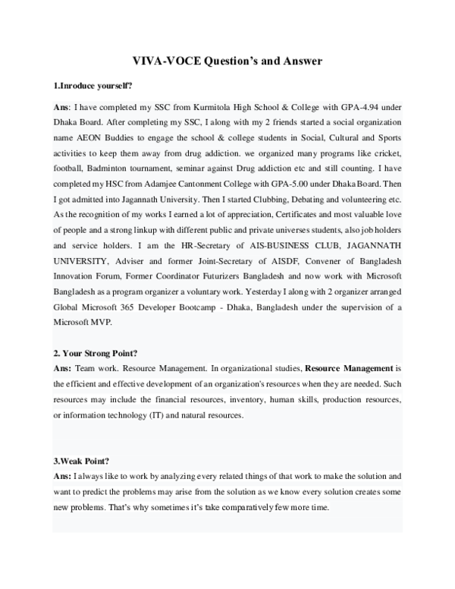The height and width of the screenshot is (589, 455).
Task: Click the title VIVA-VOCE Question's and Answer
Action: [227, 61]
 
